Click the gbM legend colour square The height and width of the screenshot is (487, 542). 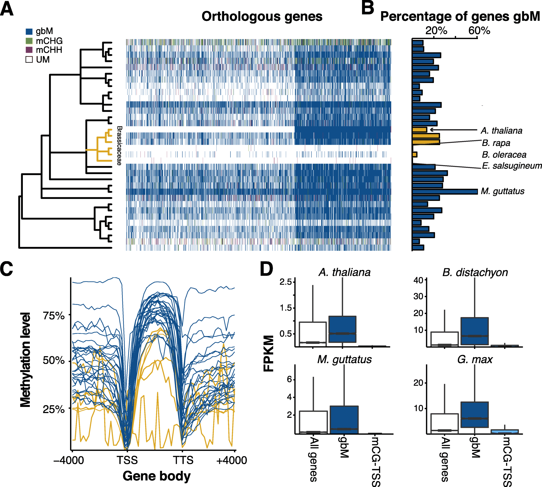(x=29, y=32)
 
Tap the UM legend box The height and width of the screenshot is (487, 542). (x=29, y=59)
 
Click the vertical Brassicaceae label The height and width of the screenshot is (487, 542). (x=119, y=146)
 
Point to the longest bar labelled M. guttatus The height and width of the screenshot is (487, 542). (x=445, y=192)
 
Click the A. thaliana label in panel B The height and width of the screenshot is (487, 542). (x=501, y=131)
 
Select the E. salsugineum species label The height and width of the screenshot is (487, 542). (x=512, y=166)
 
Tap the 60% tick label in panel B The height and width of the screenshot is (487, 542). (x=479, y=30)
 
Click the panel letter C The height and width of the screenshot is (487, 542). (x=7, y=269)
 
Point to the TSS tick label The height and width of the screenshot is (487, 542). (x=127, y=460)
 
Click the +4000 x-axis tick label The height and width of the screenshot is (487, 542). (x=232, y=460)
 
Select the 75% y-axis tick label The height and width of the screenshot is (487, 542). (x=53, y=316)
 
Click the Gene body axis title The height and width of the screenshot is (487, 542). (x=157, y=476)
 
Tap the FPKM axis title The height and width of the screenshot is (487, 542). (x=268, y=353)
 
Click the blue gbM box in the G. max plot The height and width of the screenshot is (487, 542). (x=474, y=414)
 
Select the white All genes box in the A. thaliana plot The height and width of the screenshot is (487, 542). (x=312, y=334)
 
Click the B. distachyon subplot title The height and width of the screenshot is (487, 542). (x=475, y=272)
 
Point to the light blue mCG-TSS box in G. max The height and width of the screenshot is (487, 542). (x=504, y=431)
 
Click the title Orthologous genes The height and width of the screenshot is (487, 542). (x=262, y=16)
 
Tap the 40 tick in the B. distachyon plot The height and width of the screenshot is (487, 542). (x=418, y=280)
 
